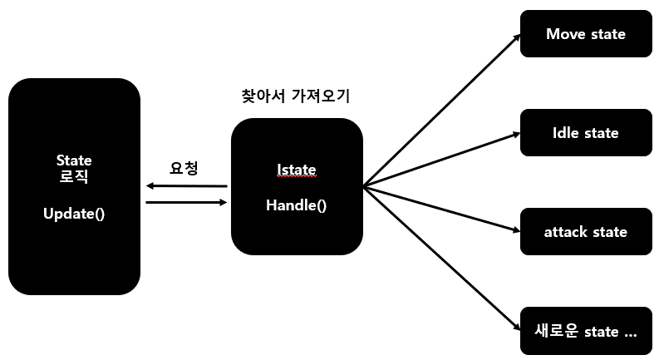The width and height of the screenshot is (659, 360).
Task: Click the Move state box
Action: tap(585, 34)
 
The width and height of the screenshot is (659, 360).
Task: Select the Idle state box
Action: tap(585, 133)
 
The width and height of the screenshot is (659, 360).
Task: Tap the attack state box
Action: tap(585, 232)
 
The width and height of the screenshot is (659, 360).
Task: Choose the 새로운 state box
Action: tap(585, 331)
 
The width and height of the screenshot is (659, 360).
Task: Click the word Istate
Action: tap(296, 170)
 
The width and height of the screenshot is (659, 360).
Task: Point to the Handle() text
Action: tap(296, 205)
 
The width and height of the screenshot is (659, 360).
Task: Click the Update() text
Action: tap(74, 214)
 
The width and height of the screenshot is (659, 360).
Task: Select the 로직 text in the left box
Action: tap(74, 176)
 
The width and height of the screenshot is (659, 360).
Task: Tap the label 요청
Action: tap(184, 168)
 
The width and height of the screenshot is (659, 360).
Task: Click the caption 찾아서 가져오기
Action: tap(295, 96)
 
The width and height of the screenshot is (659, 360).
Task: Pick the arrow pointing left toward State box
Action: tap(186, 185)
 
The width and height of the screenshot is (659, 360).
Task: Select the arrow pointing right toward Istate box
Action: tap(186, 202)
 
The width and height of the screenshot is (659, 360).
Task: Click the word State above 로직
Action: tap(74, 160)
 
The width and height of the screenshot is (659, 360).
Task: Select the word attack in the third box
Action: tap(566, 232)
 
